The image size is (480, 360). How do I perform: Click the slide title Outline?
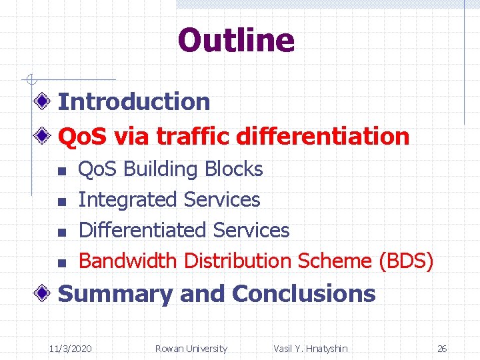[x=236, y=40]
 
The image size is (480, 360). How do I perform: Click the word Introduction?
[x=134, y=102]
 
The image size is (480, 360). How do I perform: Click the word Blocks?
[x=234, y=169]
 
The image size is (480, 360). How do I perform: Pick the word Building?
[x=161, y=169]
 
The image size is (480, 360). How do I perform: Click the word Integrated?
[x=128, y=200]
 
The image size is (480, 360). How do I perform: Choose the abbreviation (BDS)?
[x=405, y=261]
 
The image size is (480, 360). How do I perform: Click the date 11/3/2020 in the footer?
[x=71, y=349]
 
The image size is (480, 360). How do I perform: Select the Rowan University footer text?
[x=191, y=349]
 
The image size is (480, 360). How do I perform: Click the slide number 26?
[x=442, y=349]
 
